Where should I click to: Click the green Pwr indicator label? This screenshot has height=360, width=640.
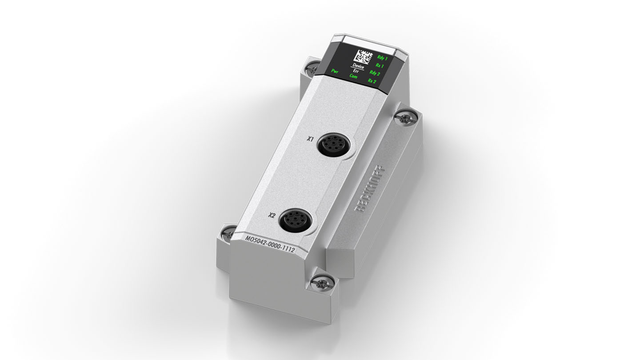335,71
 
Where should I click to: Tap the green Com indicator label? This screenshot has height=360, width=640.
354,76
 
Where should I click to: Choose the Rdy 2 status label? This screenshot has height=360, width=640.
375,73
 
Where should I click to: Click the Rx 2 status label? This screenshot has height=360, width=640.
372,81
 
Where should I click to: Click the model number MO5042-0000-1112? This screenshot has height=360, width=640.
270,244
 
